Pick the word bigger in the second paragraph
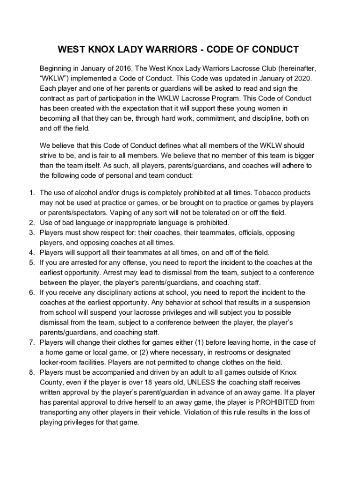coord(302,155)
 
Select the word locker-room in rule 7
coord(59,362)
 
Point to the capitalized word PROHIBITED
coord(274,402)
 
